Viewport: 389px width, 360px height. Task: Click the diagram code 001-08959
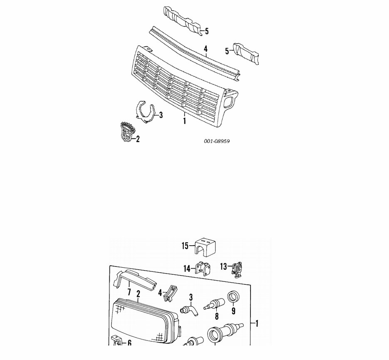point(217,141)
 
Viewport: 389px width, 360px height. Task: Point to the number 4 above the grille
point(206,49)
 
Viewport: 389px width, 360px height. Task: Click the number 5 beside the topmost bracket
point(206,31)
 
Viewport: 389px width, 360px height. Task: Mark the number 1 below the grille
point(184,121)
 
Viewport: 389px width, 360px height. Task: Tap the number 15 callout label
point(185,246)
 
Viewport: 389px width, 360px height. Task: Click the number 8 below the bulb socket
point(216,317)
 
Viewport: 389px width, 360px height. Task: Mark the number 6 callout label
point(129,343)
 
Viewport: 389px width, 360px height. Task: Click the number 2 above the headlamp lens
point(138,294)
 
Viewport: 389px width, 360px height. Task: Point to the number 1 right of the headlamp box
point(257,323)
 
